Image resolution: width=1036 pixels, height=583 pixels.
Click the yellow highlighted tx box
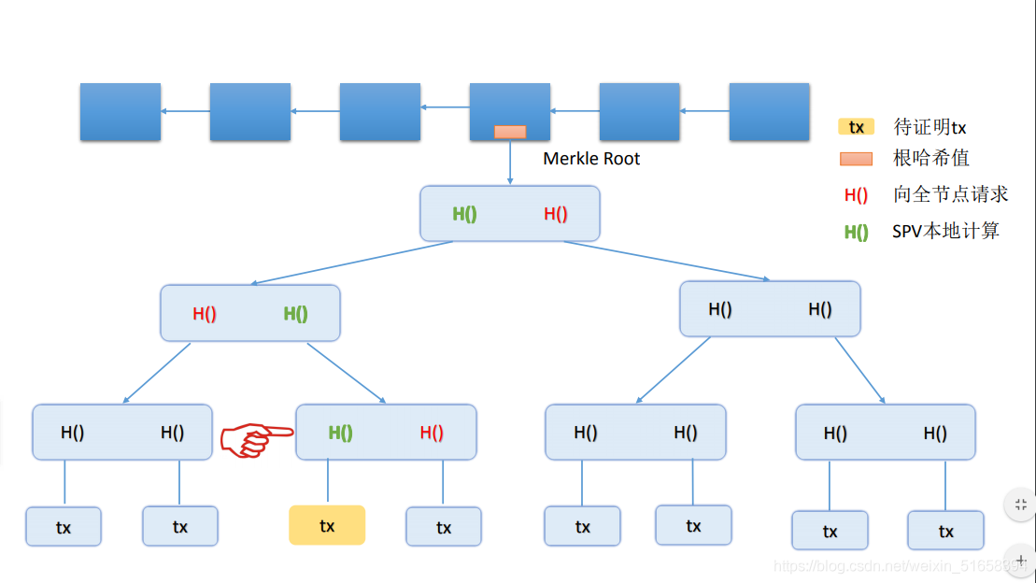pos(327,525)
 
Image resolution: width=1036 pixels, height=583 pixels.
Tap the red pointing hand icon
pos(256,439)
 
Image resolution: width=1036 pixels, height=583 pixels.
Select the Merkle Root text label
pos(591,159)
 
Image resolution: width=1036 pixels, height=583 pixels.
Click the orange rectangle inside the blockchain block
pos(510,132)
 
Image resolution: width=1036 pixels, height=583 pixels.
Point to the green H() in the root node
pos(464,214)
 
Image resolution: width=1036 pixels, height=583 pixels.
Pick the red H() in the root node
pos(556,214)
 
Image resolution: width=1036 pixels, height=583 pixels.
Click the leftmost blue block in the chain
pos(121,112)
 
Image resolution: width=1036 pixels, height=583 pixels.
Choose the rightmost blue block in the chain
pos(769,112)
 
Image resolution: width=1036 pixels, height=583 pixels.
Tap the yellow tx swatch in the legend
pos(857,127)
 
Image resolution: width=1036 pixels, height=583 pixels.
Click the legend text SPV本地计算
pos(945,231)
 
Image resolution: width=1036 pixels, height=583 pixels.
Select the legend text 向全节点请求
pos(951,193)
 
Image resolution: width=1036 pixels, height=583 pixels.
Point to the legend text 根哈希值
pos(931,158)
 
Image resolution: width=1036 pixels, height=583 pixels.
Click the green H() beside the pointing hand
pos(340,433)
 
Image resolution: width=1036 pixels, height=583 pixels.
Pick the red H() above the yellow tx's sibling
pos(432,433)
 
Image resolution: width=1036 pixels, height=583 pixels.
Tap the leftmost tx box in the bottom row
pos(64,527)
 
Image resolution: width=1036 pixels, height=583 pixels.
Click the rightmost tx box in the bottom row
pos(945,531)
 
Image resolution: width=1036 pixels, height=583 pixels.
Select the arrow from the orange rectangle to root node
pos(510,162)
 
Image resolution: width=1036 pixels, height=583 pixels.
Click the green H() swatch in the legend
pos(857,232)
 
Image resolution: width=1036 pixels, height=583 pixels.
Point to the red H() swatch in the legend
pos(857,195)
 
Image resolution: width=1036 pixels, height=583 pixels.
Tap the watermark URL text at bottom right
pos(900,566)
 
